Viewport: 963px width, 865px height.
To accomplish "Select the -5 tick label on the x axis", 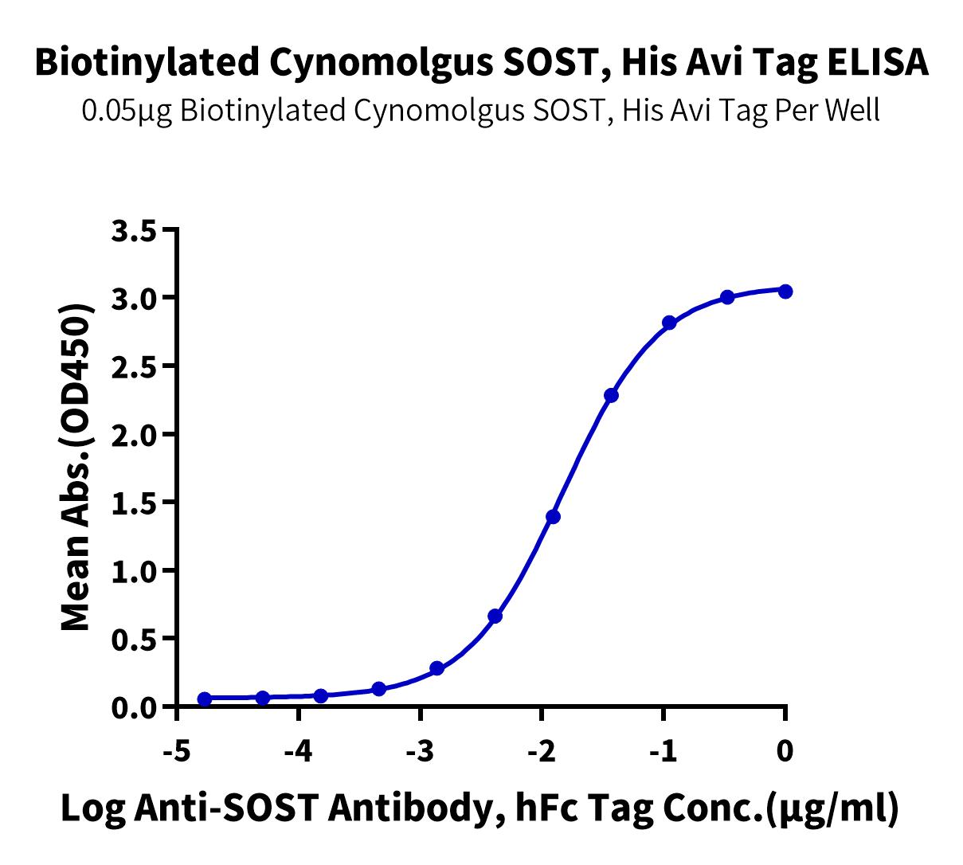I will [175, 750].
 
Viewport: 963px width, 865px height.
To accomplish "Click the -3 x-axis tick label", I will [419, 750].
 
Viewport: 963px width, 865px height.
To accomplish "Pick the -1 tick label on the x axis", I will [663, 750].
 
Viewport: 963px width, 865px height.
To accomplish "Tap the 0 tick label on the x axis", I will [785, 750].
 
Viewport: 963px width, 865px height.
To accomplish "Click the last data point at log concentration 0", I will [785, 292].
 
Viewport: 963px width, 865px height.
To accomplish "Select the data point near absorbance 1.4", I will [553, 517].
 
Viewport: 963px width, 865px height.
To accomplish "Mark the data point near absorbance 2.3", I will [612, 395].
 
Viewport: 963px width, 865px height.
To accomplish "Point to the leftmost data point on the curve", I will [205, 699].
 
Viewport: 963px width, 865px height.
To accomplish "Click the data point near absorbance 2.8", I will [669, 323].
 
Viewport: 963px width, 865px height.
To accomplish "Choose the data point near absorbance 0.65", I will [495, 616].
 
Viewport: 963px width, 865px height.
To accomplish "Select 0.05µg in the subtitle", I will [127, 111].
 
